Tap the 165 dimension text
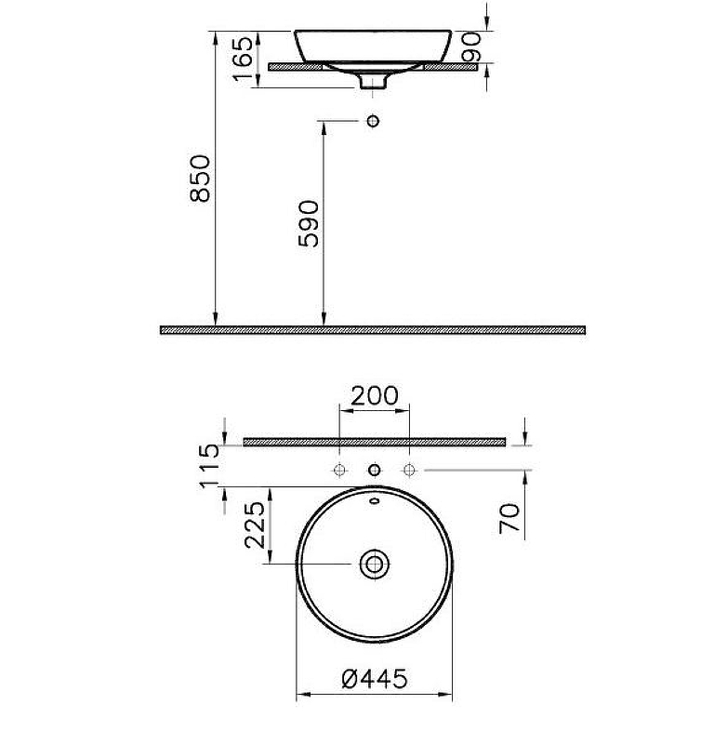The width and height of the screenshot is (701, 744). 244,59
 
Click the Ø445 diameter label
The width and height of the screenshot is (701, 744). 375,680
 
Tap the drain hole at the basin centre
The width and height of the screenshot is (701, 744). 375,564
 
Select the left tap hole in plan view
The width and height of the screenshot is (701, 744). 340,471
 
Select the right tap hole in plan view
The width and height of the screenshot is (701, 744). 407,471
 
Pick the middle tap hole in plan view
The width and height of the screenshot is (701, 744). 374,471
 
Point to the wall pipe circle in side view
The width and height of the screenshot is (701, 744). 374,121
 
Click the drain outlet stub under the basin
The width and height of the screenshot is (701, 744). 374,82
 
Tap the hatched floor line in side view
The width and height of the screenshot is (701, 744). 373,329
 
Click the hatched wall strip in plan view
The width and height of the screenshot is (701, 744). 374,442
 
